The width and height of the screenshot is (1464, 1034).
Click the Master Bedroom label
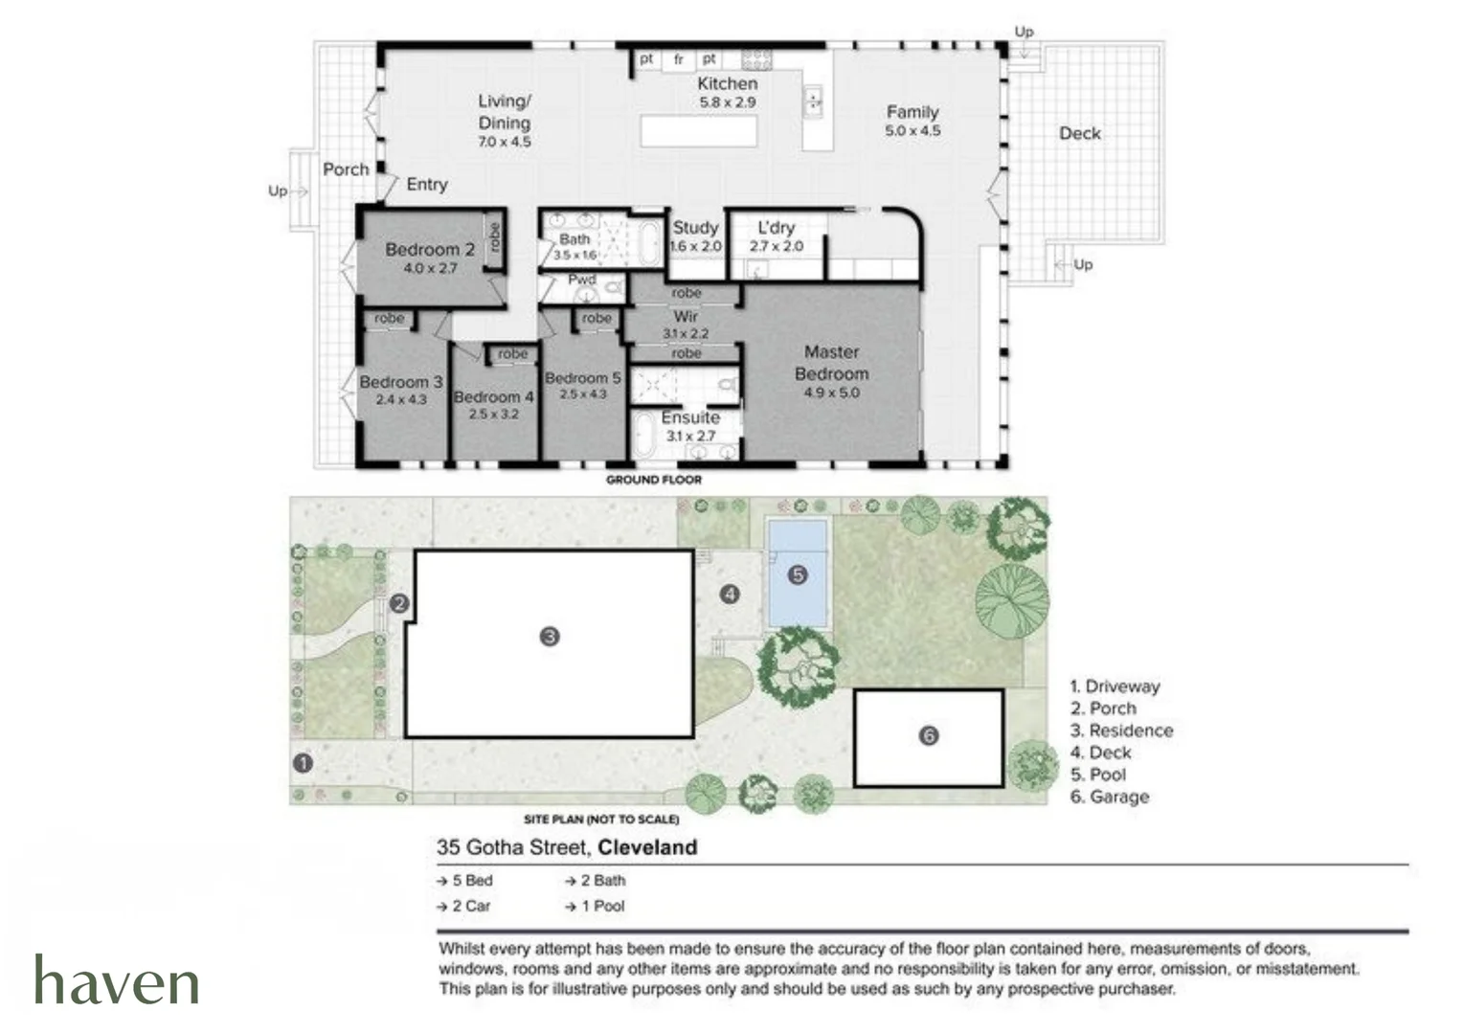831,363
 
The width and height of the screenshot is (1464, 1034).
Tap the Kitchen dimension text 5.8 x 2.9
728,102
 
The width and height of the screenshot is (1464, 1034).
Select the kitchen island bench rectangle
699,131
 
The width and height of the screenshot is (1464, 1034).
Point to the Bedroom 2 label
430,249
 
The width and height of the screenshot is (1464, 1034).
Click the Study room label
695,228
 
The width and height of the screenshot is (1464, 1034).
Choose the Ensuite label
690,417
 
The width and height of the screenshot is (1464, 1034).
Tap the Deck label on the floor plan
1080,133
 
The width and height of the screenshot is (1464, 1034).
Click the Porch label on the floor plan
346,169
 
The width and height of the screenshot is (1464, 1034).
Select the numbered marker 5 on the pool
798,575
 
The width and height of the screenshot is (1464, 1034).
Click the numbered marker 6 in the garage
929,736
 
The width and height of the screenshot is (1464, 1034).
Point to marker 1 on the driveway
303,763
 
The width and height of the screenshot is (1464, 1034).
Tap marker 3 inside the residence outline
550,637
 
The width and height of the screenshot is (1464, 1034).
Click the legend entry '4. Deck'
1100,753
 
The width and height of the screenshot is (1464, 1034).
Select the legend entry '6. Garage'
1109,797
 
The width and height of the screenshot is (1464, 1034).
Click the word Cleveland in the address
647,847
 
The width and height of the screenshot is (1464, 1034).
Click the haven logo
117,978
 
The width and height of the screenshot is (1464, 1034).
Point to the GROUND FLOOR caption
654,480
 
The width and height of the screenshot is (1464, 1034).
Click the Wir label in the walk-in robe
686,316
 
